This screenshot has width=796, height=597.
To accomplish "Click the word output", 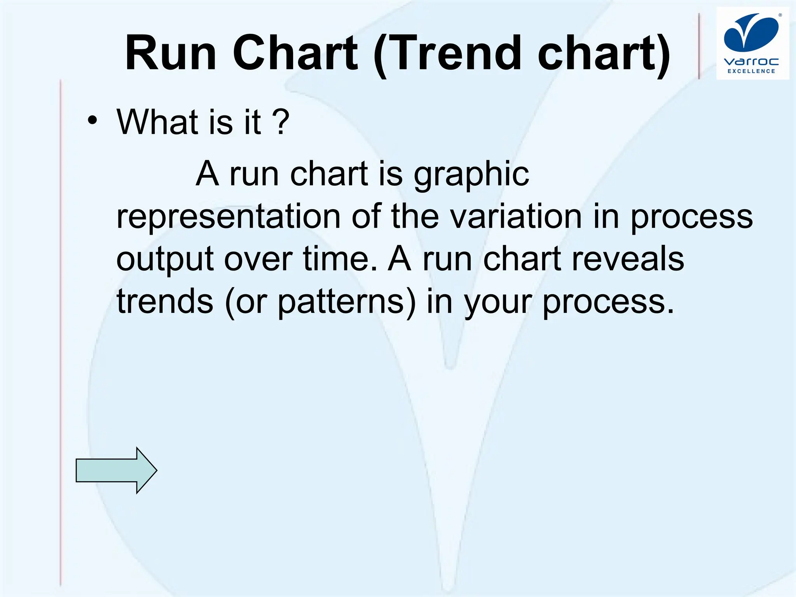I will [165, 260].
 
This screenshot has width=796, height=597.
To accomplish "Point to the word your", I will [498, 302].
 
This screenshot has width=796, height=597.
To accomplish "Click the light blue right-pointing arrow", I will [116, 470].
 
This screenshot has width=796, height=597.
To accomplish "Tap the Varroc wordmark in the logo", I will [751, 62].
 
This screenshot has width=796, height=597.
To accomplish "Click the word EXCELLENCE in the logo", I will [751, 71].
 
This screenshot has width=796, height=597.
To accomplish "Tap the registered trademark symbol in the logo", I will [780, 16].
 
